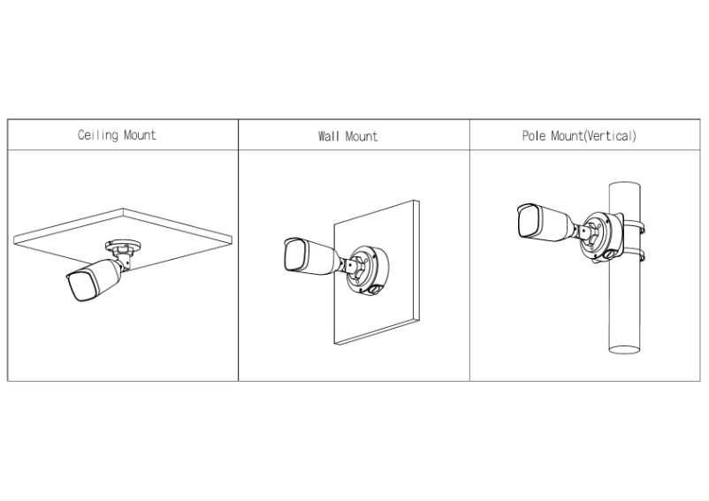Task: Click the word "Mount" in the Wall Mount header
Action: [x=362, y=136]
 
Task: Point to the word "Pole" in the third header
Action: [x=535, y=136]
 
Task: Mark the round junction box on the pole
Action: [x=599, y=236]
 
